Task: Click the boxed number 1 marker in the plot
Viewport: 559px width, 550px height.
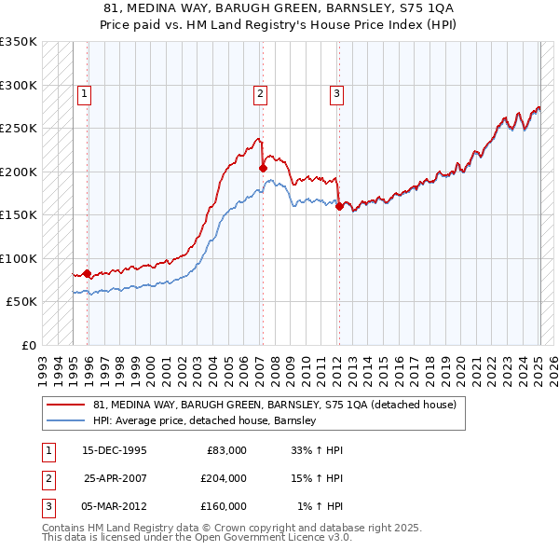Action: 84,92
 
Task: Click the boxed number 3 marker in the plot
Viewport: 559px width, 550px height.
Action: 335,92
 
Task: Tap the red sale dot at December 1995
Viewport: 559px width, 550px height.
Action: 88,273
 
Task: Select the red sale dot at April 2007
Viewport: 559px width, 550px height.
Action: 264,168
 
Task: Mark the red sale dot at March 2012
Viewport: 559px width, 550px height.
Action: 339,207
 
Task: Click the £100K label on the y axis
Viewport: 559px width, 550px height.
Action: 19,258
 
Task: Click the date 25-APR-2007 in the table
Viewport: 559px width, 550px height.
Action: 115,478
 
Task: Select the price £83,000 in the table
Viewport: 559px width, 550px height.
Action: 224,450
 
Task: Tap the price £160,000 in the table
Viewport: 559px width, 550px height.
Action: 224,506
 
